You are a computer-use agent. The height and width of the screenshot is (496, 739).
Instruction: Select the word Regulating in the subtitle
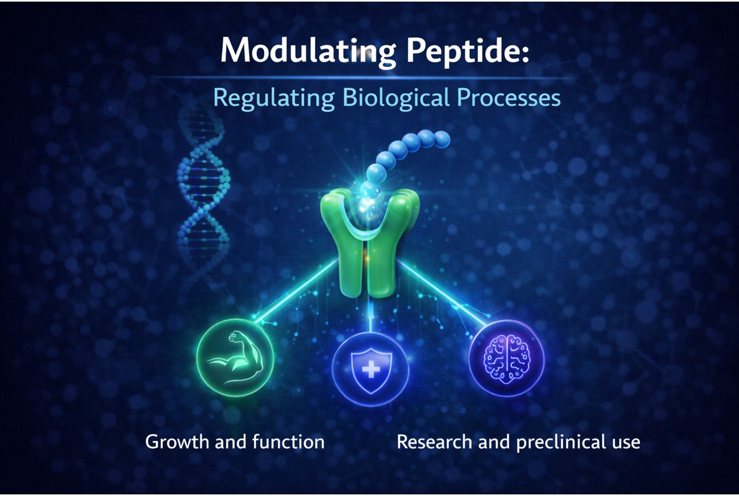[274, 98]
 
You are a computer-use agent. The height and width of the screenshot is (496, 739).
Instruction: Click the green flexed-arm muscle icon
[235, 358]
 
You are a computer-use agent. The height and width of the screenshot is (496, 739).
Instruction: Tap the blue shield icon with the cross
[371, 369]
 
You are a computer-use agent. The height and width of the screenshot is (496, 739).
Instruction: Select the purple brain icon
[507, 358]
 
